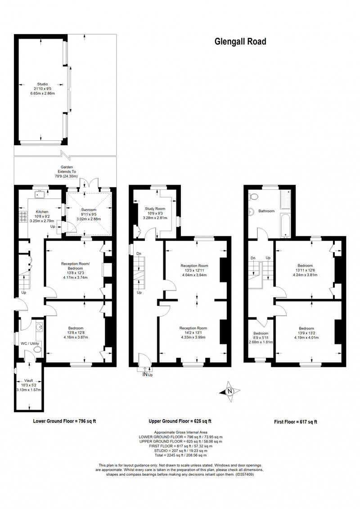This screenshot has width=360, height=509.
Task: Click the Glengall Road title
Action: coord(240,41)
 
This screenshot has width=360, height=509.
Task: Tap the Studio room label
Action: coord(43,84)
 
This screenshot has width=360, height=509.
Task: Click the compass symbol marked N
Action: coord(229,392)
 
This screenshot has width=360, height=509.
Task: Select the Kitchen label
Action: coord(42,212)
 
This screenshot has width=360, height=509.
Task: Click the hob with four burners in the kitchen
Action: coord(24,217)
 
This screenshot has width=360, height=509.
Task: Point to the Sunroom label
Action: coord(89,210)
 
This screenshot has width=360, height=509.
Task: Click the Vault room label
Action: coord(29,380)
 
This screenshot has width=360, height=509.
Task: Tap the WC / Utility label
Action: coord(30,344)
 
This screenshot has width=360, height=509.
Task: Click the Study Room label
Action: coord(155,209)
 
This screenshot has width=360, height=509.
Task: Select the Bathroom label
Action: coord(266,211)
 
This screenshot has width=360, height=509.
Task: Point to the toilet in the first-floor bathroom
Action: coord(253,196)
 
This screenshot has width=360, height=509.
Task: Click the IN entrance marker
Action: coord(145,374)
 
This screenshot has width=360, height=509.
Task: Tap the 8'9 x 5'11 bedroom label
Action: coord(261,338)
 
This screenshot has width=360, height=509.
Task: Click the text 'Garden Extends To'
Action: coord(67,169)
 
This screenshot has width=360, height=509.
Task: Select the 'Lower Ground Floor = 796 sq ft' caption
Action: coord(64,421)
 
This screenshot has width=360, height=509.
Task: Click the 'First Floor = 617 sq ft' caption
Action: coord(295,422)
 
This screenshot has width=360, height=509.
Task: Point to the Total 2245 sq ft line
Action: coord(181,455)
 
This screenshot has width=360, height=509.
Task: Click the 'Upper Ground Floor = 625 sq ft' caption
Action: coord(180,421)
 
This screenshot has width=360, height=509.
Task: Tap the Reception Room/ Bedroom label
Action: coord(76,266)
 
